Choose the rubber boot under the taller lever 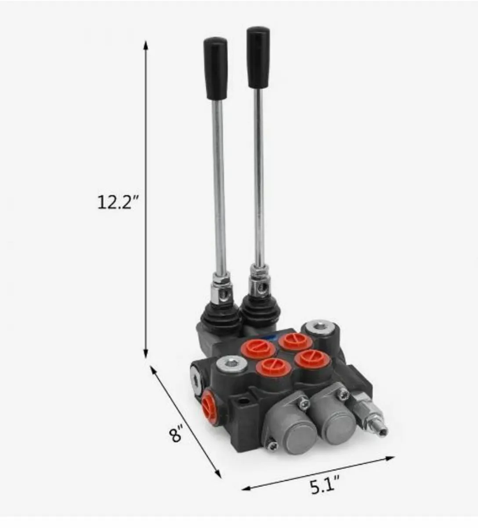[260, 311]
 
